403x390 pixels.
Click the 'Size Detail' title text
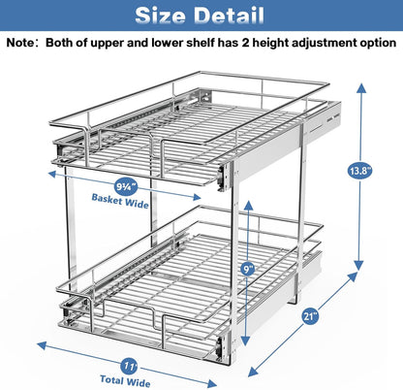click(201, 16)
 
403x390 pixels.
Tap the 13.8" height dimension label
click(360, 172)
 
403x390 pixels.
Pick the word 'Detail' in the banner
click(232, 16)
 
